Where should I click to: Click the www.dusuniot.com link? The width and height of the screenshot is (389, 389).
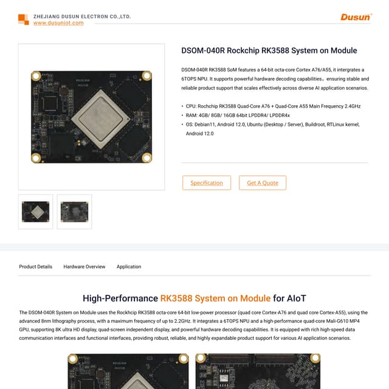pos(58,23)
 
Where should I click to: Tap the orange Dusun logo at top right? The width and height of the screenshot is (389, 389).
pos(356,17)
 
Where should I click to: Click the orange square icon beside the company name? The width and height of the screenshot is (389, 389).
pos(23,19)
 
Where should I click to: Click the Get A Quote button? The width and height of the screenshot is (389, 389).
pos(262,182)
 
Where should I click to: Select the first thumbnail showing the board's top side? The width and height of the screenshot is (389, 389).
pos(35,212)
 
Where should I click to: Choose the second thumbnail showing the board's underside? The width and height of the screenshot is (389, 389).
pos(74,212)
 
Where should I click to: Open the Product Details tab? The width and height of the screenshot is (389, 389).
pos(35,266)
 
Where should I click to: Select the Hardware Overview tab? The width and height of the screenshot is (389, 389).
pos(84,266)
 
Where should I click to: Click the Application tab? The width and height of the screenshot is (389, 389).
pos(129,266)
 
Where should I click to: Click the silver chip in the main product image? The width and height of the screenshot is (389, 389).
pos(91,116)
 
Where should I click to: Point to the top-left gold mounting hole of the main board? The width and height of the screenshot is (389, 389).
pos(36,76)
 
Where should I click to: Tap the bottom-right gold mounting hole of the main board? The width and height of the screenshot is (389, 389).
pos(146,157)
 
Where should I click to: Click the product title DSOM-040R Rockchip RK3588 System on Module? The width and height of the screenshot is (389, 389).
pos(269,50)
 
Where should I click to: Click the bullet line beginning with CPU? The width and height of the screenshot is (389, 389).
pos(273,106)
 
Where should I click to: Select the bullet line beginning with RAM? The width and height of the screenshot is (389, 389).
pos(238,115)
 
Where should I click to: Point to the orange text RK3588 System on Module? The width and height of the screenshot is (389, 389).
pos(215,298)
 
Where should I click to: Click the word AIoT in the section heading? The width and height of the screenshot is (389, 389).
pos(298,298)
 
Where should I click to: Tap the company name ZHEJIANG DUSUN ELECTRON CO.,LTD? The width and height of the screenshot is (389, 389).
pos(82,16)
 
